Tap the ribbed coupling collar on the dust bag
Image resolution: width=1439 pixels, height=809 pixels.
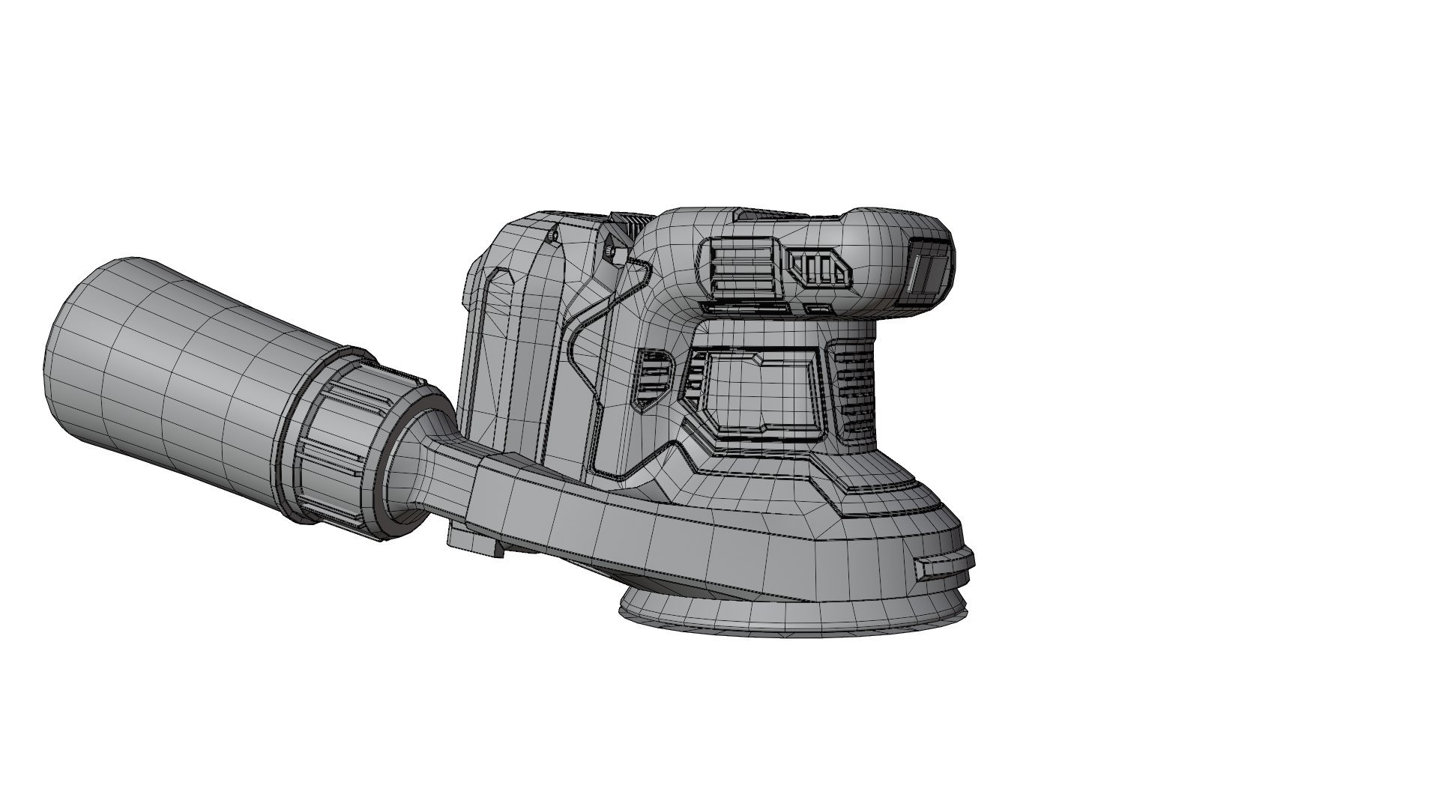coord(337,434)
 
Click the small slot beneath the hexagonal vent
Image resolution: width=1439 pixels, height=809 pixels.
coord(818,308)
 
